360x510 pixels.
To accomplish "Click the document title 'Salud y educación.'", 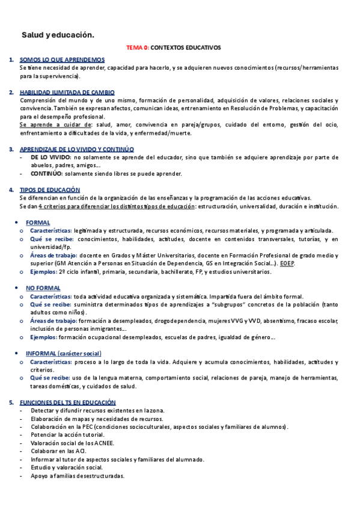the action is (58, 35).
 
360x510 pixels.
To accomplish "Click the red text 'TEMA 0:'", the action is (137, 47).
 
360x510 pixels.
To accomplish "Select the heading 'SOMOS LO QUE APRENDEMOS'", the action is (62, 60).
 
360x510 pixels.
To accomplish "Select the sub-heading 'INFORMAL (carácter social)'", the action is (63, 353).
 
